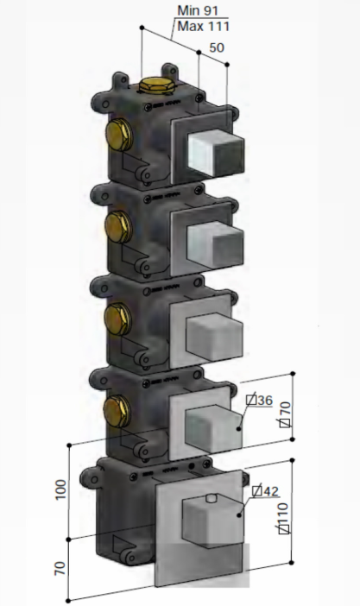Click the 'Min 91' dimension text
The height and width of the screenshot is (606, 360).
click(x=198, y=10)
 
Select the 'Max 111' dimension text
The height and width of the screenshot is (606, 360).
click(x=204, y=26)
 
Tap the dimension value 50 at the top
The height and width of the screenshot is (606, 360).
click(x=217, y=47)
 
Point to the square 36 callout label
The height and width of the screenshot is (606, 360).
click(x=260, y=400)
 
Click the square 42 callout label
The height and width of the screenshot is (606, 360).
click(x=265, y=491)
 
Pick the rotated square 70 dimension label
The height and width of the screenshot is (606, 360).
click(x=285, y=414)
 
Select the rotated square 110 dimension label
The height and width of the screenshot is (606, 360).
click(x=284, y=518)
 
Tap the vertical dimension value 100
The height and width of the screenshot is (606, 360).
click(x=60, y=490)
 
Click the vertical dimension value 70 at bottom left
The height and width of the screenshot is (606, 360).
click(x=60, y=569)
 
